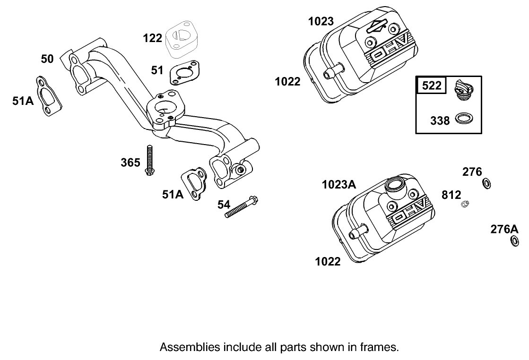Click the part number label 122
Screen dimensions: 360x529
pyautogui.click(x=152, y=38)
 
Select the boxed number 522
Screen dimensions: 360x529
pyautogui.click(x=432, y=86)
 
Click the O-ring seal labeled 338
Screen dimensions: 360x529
pyautogui.click(x=465, y=119)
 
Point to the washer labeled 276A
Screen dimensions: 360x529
pyautogui.click(x=514, y=241)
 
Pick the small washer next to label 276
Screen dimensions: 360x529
pyautogui.click(x=486, y=183)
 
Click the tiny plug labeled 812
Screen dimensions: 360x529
pyautogui.click(x=465, y=204)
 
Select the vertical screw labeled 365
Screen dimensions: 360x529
pyautogui.click(x=149, y=161)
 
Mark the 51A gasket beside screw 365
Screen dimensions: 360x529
pyautogui.click(x=194, y=183)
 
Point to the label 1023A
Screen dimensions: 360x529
pyautogui.click(x=338, y=185)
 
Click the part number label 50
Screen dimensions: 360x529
pyautogui.click(x=47, y=59)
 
